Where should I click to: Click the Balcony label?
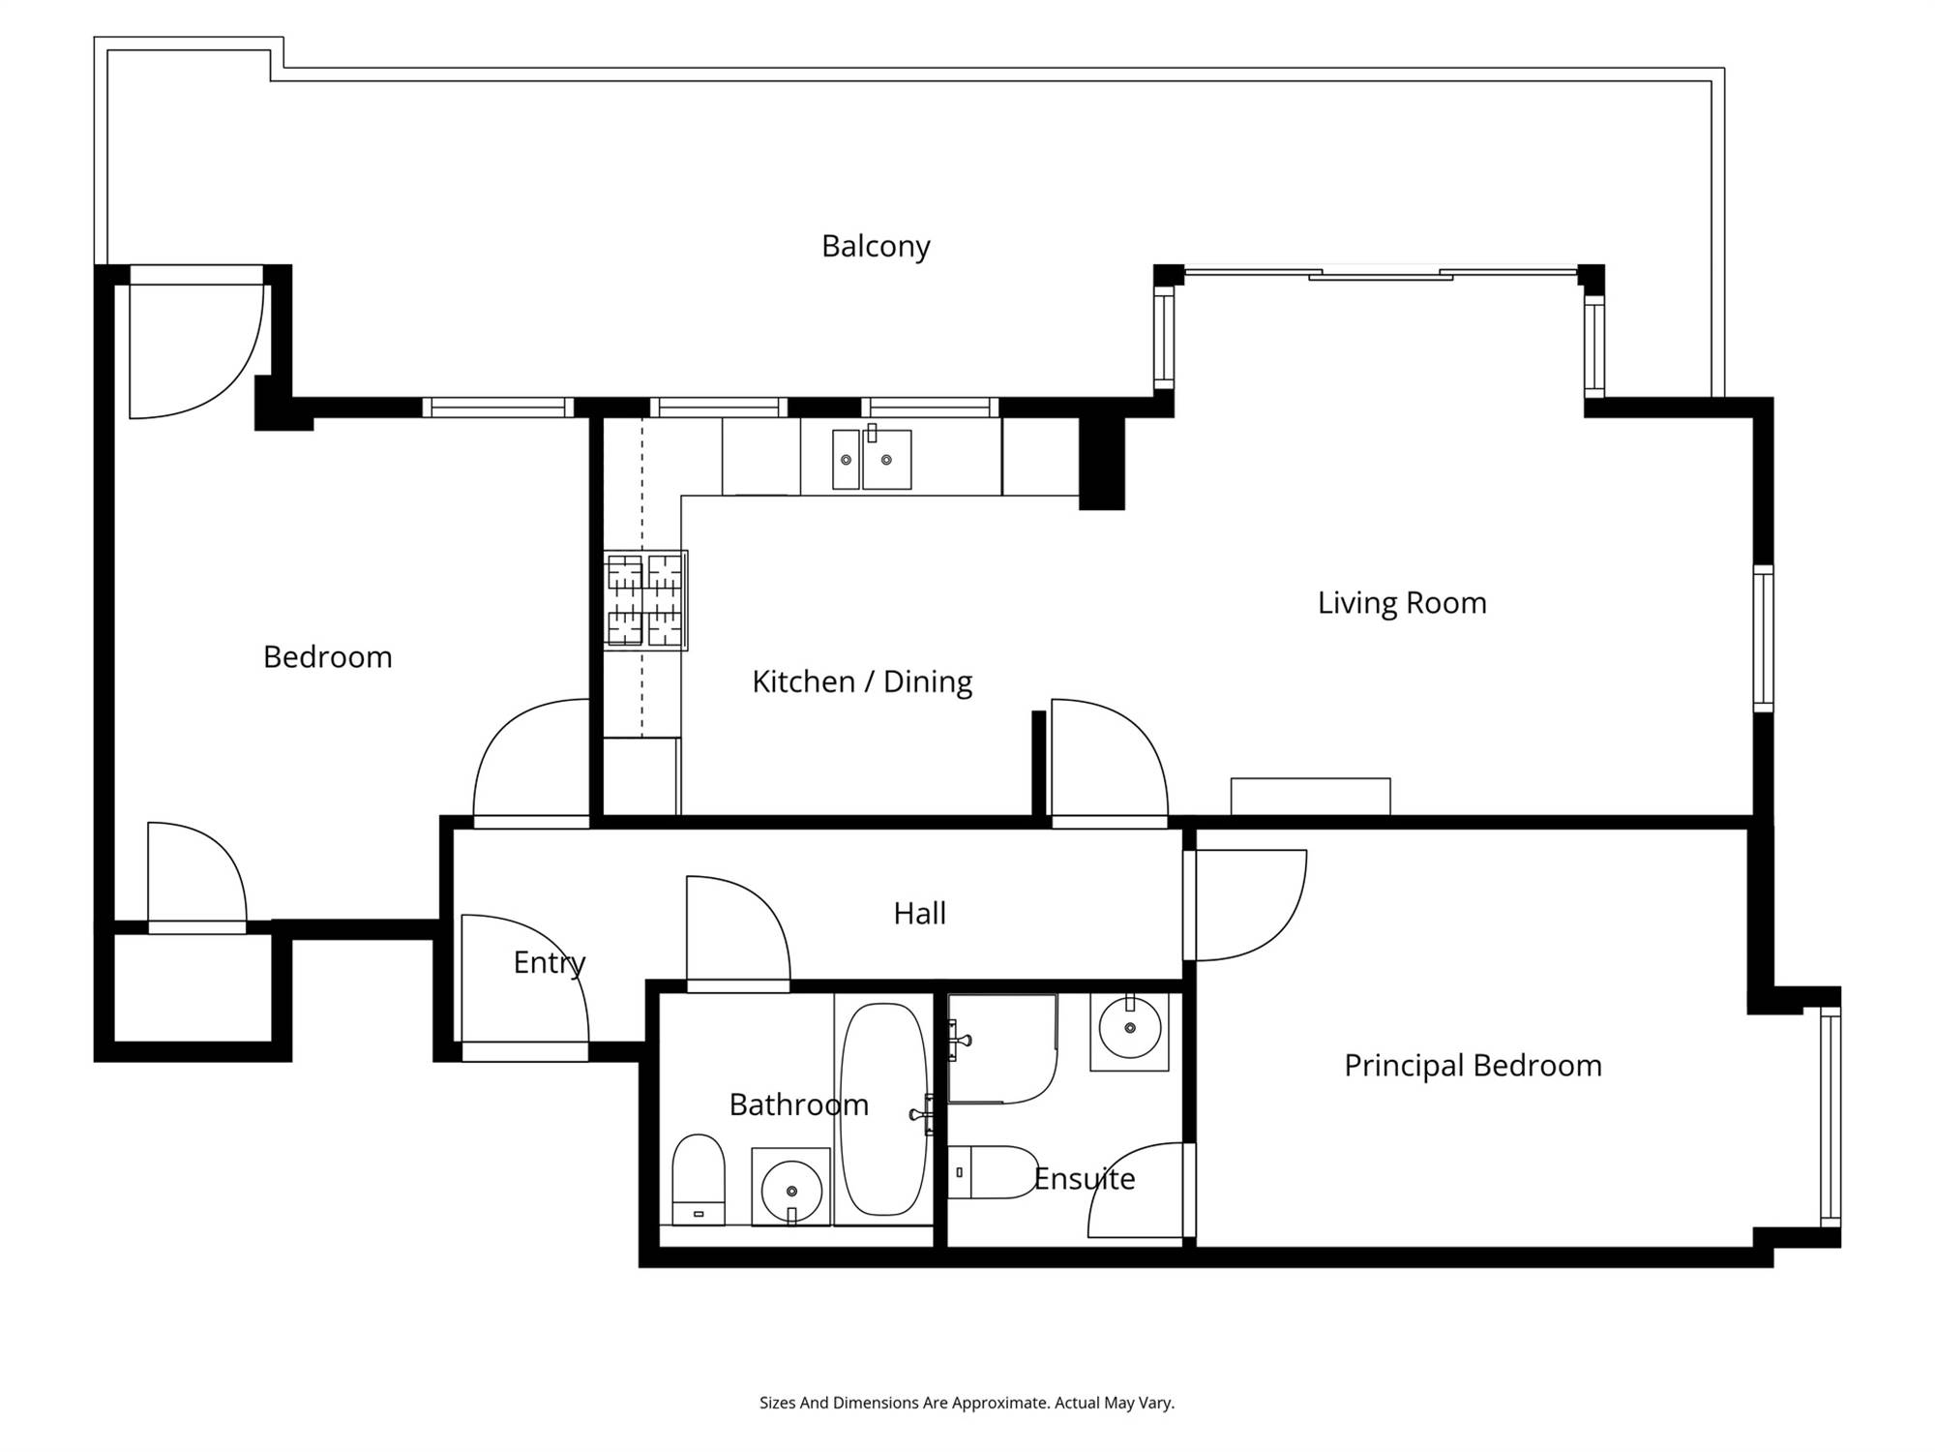[876, 246]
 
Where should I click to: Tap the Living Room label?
[1402, 602]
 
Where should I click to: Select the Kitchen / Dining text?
[862, 681]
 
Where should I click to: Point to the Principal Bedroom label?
[1473, 1066]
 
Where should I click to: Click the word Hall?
[919, 913]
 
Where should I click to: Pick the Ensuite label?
[1084, 1178]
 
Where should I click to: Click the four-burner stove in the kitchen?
[645, 600]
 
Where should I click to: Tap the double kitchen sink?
[872, 459]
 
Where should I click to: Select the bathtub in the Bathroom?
[883, 1109]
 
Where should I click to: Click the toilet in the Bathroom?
[699, 1179]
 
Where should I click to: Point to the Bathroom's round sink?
[791, 1188]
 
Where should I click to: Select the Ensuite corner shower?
[1002, 1048]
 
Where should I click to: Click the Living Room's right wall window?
[1764, 639]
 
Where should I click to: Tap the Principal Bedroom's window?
[1831, 1117]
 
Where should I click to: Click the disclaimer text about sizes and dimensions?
[967, 1403]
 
